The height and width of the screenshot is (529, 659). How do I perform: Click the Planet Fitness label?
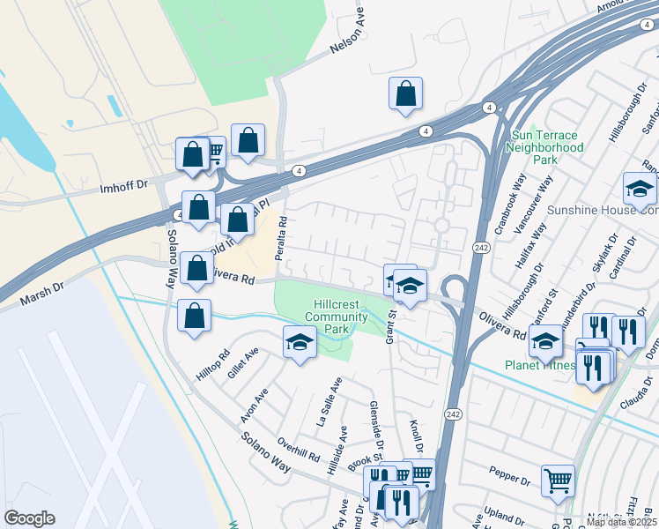tap(539, 365)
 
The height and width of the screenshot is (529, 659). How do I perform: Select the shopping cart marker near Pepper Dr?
tap(558, 481)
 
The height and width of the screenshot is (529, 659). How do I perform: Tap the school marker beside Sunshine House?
tap(640, 188)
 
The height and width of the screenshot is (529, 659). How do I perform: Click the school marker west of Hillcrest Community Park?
tap(300, 342)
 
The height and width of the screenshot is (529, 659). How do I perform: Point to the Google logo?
tap(29, 518)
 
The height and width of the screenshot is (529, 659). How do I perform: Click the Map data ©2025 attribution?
tap(620, 522)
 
